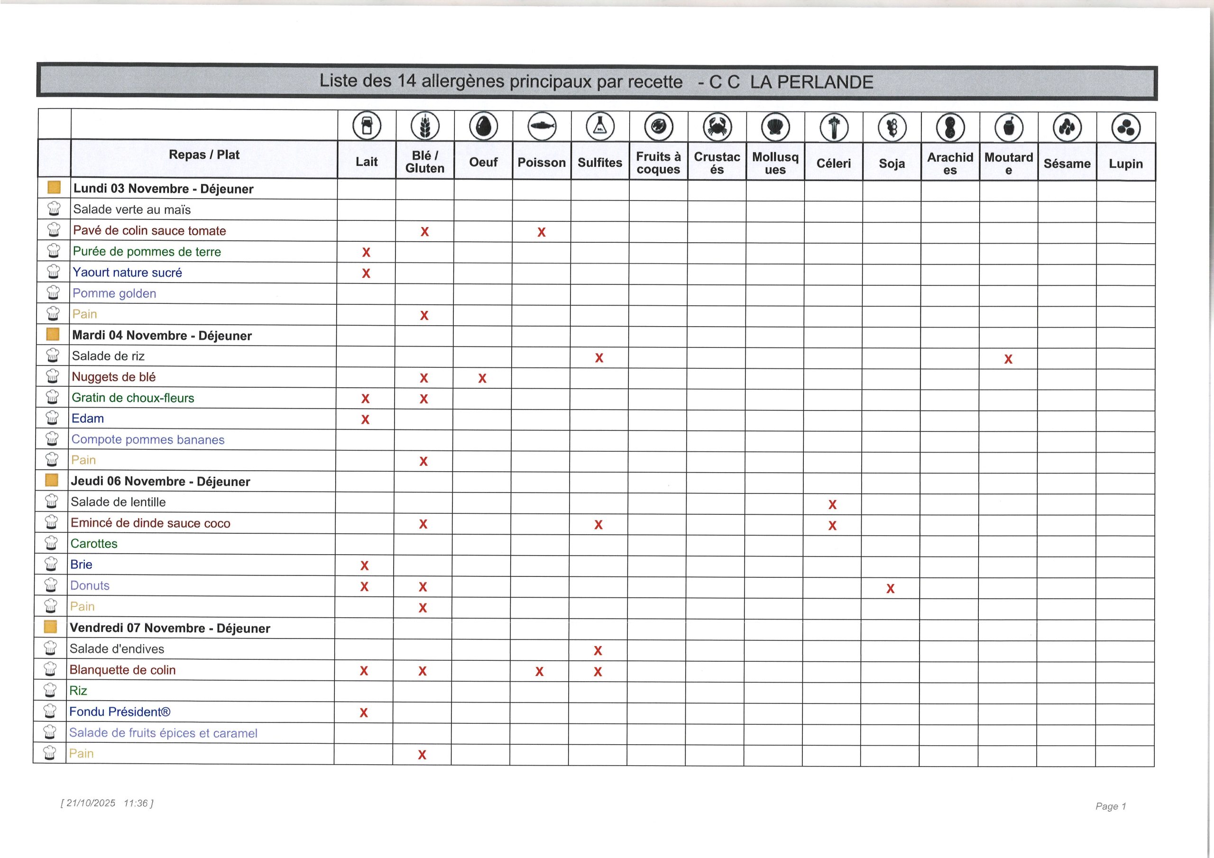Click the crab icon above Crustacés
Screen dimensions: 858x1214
click(717, 128)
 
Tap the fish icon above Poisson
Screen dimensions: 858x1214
click(542, 127)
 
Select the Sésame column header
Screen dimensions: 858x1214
click(1067, 164)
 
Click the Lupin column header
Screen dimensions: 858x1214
click(1125, 164)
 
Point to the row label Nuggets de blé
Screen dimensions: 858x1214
click(114, 377)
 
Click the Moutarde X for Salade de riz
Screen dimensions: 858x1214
click(1008, 359)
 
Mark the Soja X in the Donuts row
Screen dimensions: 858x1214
click(891, 588)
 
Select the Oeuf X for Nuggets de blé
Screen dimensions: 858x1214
click(482, 378)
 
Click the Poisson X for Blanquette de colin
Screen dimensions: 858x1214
click(539, 671)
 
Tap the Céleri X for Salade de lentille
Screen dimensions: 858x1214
click(832, 505)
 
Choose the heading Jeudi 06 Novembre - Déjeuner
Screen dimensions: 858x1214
click(160, 482)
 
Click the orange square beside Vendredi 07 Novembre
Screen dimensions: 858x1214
click(51, 627)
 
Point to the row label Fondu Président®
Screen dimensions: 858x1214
click(120, 712)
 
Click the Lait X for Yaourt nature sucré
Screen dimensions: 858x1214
click(366, 274)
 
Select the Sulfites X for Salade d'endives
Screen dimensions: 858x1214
click(598, 651)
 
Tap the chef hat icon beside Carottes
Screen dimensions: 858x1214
click(51, 543)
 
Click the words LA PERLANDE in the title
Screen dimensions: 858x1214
click(811, 82)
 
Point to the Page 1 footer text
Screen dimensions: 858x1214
click(1110, 806)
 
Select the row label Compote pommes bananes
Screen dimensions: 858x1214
click(148, 440)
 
